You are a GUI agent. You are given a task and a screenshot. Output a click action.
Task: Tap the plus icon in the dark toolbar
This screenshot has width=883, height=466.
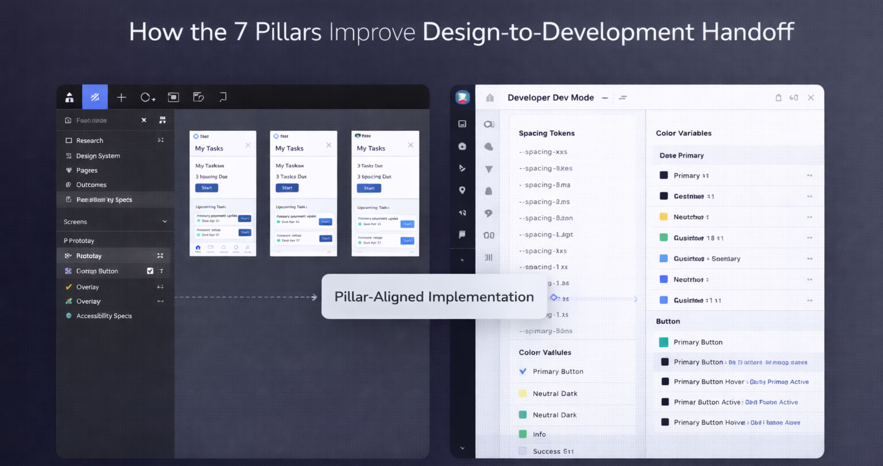pos(121,98)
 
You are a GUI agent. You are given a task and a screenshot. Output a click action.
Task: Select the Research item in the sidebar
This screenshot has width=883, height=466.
pos(90,140)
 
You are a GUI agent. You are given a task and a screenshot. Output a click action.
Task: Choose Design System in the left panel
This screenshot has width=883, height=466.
pos(98,156)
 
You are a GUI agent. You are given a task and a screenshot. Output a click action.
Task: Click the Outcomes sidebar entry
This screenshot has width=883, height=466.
pos(91,185)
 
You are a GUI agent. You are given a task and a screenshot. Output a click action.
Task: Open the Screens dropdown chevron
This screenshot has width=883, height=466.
pos(165,222)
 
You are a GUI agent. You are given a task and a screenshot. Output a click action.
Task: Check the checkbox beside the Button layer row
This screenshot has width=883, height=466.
pos(150,271)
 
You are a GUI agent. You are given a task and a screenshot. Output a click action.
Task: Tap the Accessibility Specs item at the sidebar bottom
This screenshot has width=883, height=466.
pos(104,316)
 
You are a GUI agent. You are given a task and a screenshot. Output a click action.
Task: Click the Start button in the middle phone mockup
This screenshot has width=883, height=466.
pos(287,188)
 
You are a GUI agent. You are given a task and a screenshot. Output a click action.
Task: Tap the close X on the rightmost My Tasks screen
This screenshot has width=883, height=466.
pos(410,145)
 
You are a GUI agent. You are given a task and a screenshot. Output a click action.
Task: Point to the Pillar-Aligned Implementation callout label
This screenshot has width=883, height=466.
pos(434,297)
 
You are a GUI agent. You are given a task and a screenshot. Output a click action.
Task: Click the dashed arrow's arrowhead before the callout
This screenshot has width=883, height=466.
pos(314,297)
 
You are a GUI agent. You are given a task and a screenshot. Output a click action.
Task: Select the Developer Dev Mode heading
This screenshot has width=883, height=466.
pos(551,98)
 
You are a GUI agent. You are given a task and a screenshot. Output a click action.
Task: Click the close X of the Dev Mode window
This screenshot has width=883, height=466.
pos(811,98)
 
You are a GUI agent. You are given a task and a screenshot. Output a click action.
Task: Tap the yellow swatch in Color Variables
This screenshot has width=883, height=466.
pos(664,217)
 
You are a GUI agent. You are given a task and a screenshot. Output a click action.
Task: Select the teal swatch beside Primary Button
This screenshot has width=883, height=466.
pos(664,342)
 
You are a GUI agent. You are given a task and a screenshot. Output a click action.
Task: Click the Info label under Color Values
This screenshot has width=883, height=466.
pos(539,434)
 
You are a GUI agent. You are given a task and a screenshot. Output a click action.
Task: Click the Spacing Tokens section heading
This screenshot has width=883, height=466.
pos(546,133)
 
